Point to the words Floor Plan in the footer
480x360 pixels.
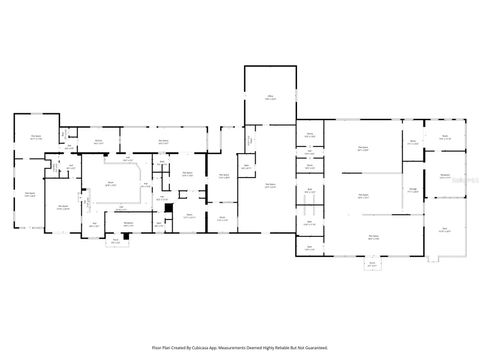click(162, 347)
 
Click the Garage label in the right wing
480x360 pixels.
click(413, 189)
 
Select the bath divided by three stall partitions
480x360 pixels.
click(310, 211)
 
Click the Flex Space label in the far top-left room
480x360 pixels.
click(35, 138)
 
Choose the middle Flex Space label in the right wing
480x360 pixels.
click(362, 196)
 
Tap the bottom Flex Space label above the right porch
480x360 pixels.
click(372, 237)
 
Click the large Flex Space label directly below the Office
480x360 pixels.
click(270, 185)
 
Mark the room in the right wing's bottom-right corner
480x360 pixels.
click(445, 230)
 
